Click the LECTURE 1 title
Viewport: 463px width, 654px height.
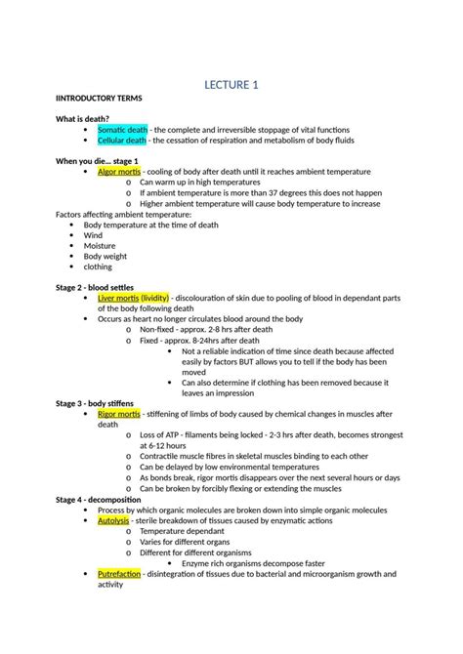tap(231, 86)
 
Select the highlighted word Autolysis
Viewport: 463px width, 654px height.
tap(114, 521)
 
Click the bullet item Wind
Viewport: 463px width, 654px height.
tap(93, 235)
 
